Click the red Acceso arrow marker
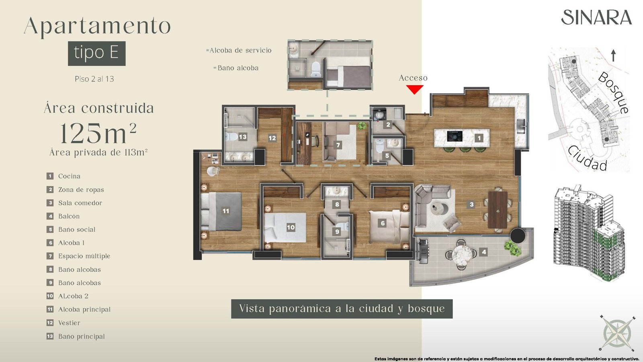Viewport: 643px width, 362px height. click(x=414, y=89)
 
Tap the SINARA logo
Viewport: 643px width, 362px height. click(x=596, y=17)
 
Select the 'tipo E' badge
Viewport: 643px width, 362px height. click(x=97, y=53)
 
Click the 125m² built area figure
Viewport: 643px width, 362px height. click(x=98, y=133)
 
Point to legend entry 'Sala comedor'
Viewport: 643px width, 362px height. click(x=74, y=203)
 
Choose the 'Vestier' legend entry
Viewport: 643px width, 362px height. click(x=63, y=323)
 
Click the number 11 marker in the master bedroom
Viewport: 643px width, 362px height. click(x=226, y=211)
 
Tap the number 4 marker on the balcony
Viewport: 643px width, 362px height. click(x=484, y=252)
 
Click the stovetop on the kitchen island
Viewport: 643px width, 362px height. click(x=455, y=136)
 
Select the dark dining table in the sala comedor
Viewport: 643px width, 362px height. click(x=498, y=210)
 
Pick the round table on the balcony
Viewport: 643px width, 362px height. click(x=462, y=254)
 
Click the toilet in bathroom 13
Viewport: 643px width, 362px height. click(x=231, y=137)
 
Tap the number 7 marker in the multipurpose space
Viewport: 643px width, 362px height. click(x=338, y=145)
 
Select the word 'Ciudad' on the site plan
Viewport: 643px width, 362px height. click(x=588, y=158)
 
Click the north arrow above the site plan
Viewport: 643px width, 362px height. click(x=613, y=56)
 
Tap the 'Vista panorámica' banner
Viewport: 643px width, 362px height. click(x=342, y=309)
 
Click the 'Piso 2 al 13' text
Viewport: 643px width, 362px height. click(x=94, y=79)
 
